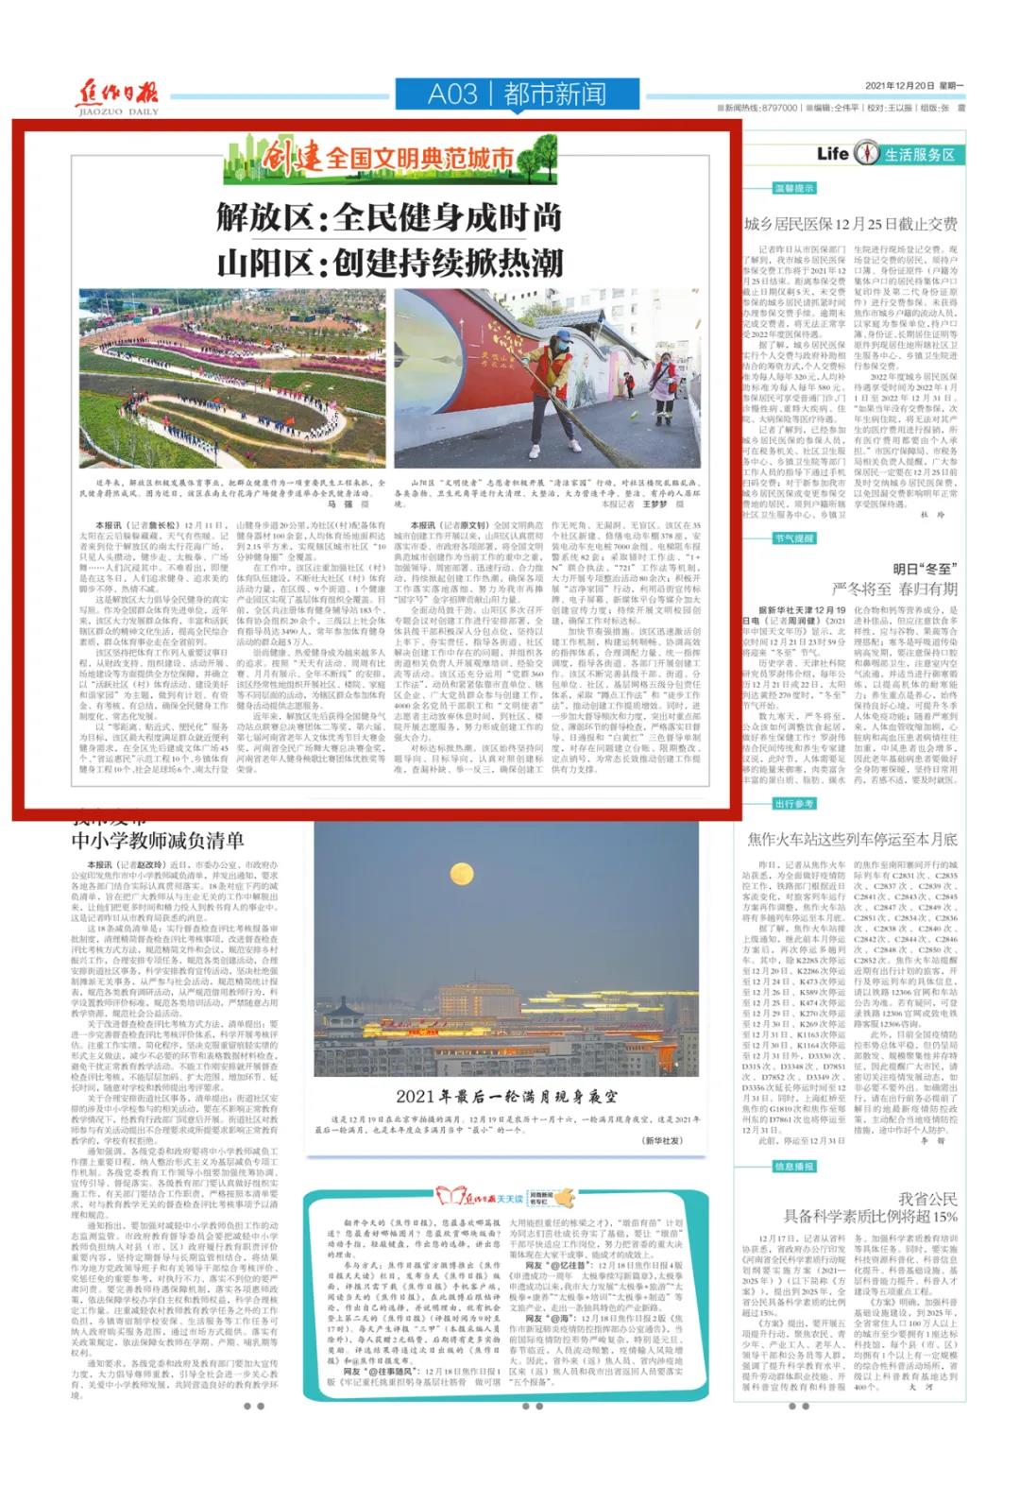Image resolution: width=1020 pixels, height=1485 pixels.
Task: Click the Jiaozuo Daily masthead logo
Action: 117,97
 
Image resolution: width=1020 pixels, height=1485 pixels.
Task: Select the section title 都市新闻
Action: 554,94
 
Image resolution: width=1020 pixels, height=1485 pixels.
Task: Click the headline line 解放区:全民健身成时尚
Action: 389,218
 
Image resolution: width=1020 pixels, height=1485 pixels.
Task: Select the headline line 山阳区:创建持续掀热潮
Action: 389,262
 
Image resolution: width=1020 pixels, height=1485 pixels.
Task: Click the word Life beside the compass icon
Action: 832,153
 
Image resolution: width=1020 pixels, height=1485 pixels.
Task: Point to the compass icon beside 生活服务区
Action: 865,153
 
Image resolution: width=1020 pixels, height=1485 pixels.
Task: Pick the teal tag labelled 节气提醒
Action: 794,538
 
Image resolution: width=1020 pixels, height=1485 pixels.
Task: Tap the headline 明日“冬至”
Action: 925,569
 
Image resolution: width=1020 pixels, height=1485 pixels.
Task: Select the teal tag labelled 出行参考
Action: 794,804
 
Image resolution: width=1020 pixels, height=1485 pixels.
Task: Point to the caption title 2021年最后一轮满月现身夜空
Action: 506,1097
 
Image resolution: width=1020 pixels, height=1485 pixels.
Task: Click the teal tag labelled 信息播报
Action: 794,1167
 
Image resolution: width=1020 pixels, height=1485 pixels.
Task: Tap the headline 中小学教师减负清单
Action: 158,841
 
